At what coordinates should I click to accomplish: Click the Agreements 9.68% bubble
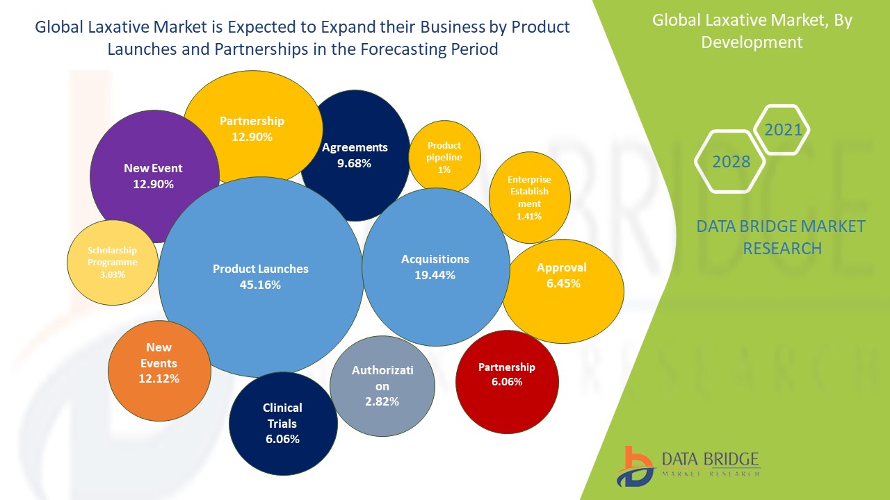tap(355, 156)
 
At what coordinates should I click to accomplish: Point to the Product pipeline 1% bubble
tap(444, 157)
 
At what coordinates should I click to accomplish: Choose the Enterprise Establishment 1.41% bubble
tap(529, 197)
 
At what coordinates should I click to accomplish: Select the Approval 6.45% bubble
tap(563, 292)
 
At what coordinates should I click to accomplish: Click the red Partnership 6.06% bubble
tap(507, 382)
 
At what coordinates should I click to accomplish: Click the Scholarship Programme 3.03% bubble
tap(112, 263)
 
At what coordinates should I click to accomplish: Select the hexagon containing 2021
tap(782, 130)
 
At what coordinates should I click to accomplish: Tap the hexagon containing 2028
tap(731, 162)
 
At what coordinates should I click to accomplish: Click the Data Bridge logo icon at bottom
tap(633, 467)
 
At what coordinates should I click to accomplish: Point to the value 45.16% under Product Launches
tap(261, 285)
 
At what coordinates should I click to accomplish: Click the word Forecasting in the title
tap(412, 49)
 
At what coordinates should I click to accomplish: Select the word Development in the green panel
tap(752, 42)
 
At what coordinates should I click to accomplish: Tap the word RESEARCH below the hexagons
tap(782, 248)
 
